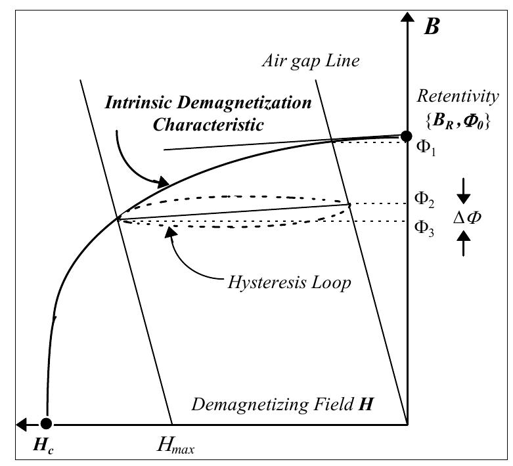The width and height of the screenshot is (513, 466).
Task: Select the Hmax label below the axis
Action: pyautogui.click(x=175, y=446)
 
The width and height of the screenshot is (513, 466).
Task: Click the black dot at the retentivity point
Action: pyautogui.click(x=407, y=136)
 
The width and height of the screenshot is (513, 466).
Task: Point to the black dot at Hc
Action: pyautogui.click(x=46, y=423)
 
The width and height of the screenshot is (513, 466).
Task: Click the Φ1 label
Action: pyautogui.click(x=426, y=148)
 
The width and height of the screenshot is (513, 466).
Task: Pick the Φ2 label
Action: pyautogui.click(x=424, y=200)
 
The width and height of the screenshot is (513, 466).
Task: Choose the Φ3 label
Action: pyautogui.click(x=424, y=228)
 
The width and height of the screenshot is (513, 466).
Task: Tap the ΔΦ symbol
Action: pyautogui.click(x=467, y=217)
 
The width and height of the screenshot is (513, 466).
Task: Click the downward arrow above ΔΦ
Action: pyautogui.click(x=464, y=191)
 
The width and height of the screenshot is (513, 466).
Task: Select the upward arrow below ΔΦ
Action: pyautogui.click(x=464, y=243)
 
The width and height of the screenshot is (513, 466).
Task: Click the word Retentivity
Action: pyautogui.click(x=458, y=96)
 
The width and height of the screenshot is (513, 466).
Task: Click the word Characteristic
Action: pyautogui.click(x=208, y=125)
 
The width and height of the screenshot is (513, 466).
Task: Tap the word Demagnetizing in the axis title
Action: pyautogui.click(x=250, y=405)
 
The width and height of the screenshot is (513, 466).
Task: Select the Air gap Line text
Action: pyautogui.click(x=311, y=61)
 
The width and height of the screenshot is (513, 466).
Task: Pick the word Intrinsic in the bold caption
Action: pyautogui.click(x=138, y=102)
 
